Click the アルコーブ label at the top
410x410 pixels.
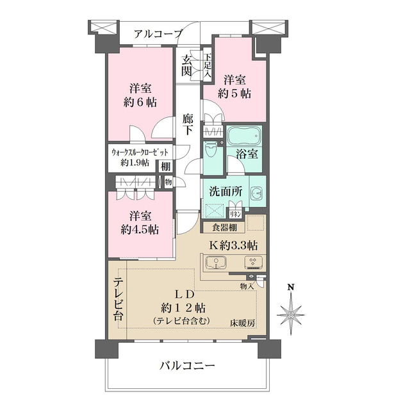point(159,34)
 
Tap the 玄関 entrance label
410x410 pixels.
point(186,65)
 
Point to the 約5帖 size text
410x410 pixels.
point(234,93)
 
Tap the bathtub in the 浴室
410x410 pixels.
point(245,136)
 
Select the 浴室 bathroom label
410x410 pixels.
point(247,154)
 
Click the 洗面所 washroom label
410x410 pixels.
point(222,191)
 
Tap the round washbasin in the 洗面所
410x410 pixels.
point(257,192)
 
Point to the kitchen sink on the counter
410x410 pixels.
point(217,263)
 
